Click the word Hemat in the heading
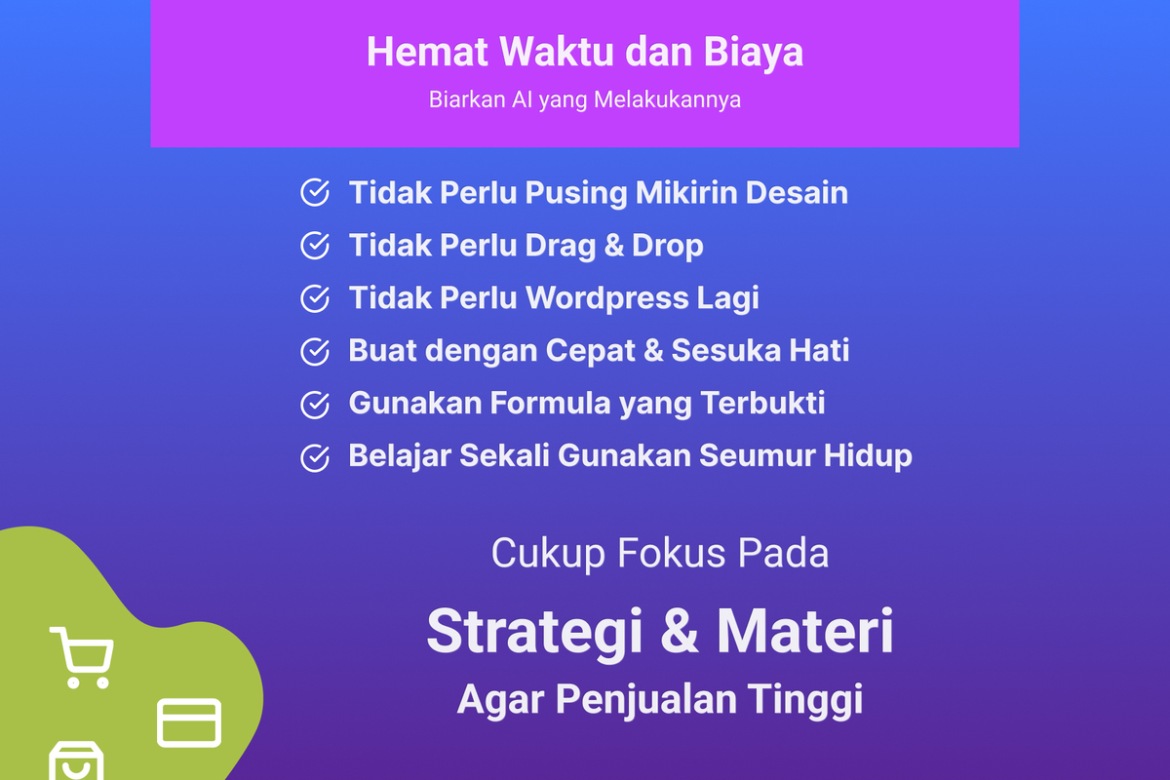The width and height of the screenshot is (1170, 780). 427,52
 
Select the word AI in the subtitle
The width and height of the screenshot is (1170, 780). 522,99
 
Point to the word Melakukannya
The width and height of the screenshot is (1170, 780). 667,100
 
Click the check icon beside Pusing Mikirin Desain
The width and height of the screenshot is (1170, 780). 315,192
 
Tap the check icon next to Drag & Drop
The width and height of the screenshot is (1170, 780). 315,245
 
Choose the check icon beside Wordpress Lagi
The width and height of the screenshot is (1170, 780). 315,298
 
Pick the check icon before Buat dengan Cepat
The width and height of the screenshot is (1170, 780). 315,351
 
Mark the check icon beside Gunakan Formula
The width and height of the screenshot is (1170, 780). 315,405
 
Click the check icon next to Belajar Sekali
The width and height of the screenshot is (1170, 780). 315,457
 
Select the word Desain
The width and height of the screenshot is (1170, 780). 797,192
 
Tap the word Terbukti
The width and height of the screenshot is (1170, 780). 762,403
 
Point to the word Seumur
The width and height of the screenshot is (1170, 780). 757,455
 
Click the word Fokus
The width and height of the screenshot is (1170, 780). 671,553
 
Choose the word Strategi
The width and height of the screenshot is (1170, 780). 535,633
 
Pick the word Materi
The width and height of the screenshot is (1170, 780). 805,631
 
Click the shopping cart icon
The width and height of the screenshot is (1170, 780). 82,658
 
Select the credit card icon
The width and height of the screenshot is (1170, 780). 189,722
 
